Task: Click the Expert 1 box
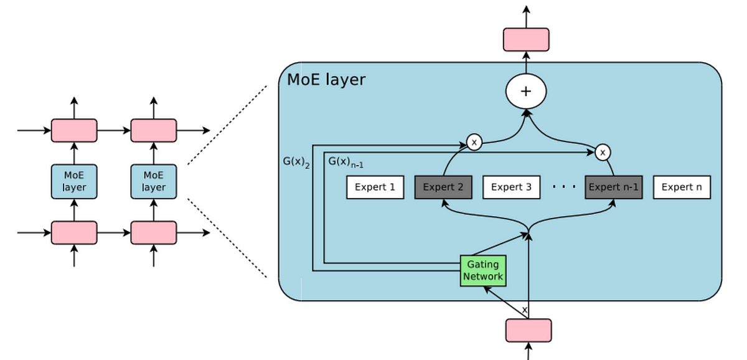click(375, 187)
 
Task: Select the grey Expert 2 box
click(443, 187)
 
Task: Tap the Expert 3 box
click(511, 187)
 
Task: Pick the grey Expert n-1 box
click(613, 187)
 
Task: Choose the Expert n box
click(682, 187)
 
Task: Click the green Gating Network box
click(483, 270)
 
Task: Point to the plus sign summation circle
click(526, 92)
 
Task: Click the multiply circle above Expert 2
click(474, 143)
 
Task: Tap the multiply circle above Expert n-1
click(602, 152)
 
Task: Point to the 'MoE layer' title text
click(326, 80)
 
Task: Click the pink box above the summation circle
click(526, 39)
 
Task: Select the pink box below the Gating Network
click(529, 330)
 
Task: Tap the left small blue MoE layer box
click(74, 181)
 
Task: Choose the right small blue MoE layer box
click(153, 181)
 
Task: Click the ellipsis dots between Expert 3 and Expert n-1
click(564, 187)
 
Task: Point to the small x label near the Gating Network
click(524, 310)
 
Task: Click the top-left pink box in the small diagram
click(74, 130)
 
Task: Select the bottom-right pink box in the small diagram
click(153, 232)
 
